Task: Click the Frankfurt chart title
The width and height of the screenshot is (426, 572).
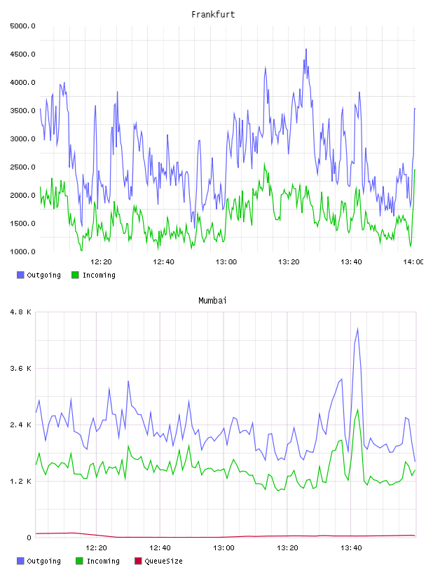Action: point(213,15)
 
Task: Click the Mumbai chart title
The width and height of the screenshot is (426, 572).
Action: point(212,301)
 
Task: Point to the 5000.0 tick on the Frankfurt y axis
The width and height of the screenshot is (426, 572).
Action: point(22,26)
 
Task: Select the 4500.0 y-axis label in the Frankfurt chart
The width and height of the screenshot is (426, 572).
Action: point(22,55)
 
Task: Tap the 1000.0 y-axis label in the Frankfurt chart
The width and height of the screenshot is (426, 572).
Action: point(22,252)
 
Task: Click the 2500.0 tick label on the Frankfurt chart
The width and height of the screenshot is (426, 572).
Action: point(22,167)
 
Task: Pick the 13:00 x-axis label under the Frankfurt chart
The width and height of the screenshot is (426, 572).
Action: point(226,262)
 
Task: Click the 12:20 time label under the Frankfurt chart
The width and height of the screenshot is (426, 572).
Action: point(101,262)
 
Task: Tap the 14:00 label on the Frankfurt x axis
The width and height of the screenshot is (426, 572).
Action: point(413,262)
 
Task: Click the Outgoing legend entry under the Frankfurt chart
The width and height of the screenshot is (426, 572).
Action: point(39,275)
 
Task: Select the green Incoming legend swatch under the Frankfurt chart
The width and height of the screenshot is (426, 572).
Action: point(75,275)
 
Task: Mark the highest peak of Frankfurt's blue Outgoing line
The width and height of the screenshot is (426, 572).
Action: point(306,49)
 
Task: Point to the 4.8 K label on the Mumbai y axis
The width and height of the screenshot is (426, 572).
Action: point(21,312)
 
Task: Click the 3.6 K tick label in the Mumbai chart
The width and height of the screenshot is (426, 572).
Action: point(21,369)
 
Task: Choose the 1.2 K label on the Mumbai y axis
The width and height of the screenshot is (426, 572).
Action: point(21,481)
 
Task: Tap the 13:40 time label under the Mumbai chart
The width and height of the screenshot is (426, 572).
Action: point(351,548)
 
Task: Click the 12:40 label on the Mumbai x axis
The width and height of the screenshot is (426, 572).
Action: point(160,548)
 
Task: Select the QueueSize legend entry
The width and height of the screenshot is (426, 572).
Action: point(158,561)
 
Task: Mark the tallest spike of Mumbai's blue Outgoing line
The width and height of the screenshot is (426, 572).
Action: point(357,329)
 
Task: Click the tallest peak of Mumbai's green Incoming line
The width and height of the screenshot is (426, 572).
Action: point(358,409)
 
